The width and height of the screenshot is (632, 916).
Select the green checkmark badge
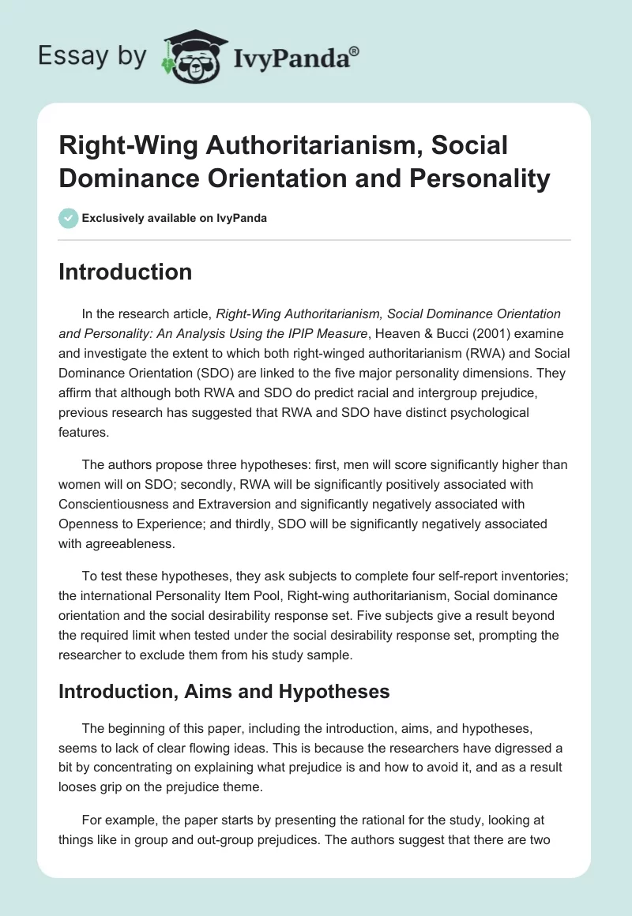tap(68, 218)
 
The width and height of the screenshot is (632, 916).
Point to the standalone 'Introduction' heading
tap(125, 272)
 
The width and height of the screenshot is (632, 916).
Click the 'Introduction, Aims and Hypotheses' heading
tap(224, 692)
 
